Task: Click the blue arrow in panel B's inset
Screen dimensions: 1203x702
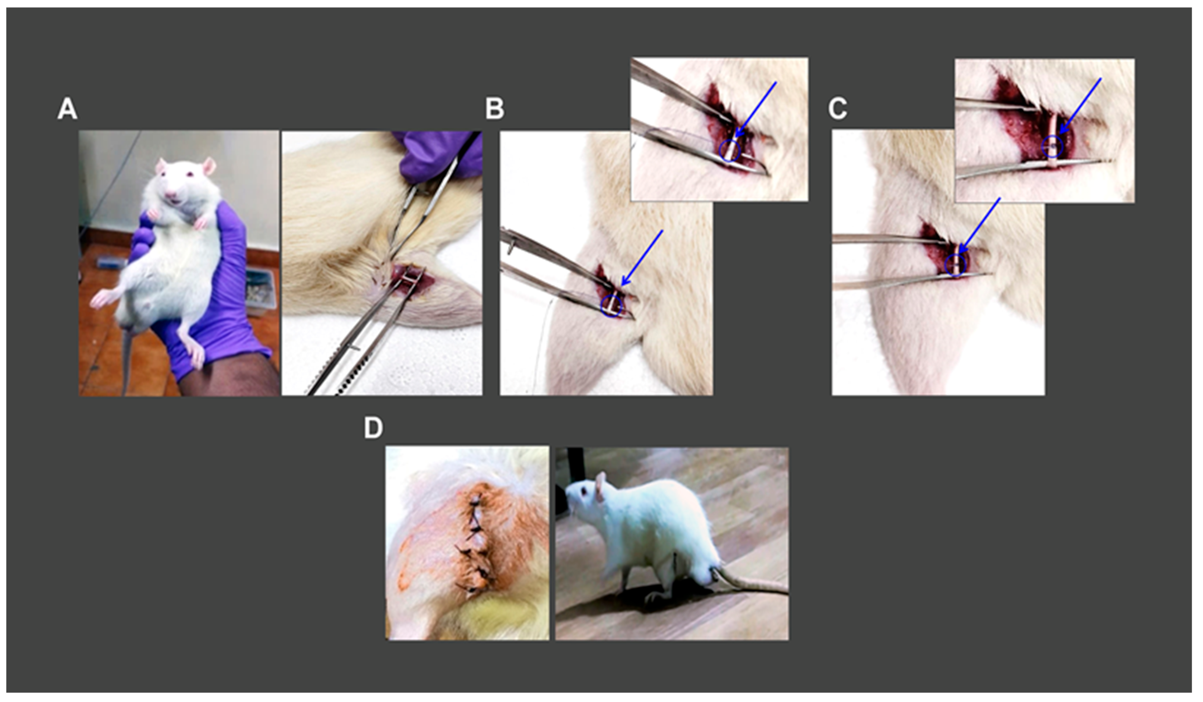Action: pyautogui.click(x=755, y=110)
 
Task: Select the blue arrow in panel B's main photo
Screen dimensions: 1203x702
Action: pyautogui.click(x=642, y=258)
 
